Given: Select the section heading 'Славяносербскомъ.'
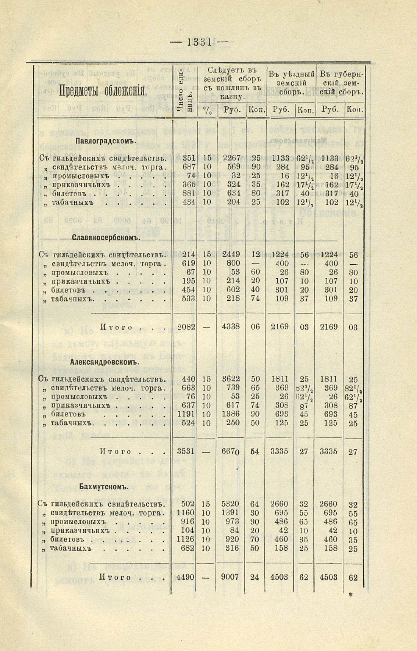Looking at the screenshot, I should [x=106, y=237].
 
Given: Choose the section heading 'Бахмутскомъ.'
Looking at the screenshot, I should [x=104, y=487].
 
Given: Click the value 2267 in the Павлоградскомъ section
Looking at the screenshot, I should [x=232, y=158].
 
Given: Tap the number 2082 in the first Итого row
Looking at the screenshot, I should [x=186, y=327].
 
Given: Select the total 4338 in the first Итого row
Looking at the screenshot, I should [x=231, y=327].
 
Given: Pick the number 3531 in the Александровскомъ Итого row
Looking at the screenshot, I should [x=186, y=451].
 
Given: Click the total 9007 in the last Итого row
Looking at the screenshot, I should [x=230, y=577].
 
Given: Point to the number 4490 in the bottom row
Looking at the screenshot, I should [x=185, y=577].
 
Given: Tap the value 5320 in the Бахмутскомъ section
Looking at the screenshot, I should [x=230, y=504].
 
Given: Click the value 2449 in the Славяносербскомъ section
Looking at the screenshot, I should [x=231, y=254].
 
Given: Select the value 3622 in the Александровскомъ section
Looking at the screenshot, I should [x=231, y=379].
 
